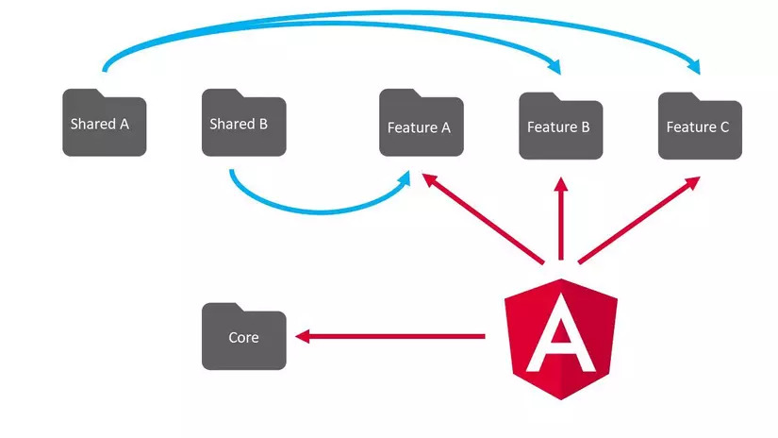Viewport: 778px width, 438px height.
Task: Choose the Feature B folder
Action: tap(559, 126)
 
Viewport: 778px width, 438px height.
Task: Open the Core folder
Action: tap(243, 337)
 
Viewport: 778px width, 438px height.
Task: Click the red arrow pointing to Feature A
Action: tap(481, 218)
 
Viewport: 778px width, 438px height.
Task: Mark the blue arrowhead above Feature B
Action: tap(557, 67)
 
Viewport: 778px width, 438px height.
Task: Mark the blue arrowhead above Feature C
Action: tap(696, 66)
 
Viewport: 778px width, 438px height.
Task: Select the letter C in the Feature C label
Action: tap(724, 126)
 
